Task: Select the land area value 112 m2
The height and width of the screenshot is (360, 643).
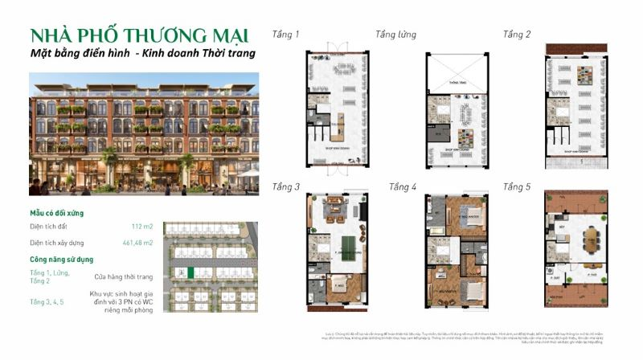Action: coord(141,227)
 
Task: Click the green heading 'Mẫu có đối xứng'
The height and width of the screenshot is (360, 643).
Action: coord(56,213)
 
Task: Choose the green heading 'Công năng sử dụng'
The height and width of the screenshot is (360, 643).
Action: coord(63,259)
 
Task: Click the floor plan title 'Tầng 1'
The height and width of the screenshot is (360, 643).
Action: coord(285,35)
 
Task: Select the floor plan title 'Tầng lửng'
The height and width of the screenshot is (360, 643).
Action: coord(395,35)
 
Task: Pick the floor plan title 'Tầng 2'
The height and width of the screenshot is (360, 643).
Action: coord(517,35)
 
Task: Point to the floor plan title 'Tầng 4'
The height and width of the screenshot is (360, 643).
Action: coord(403,187)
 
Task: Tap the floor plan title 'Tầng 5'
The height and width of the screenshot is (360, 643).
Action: coord(517,187)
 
